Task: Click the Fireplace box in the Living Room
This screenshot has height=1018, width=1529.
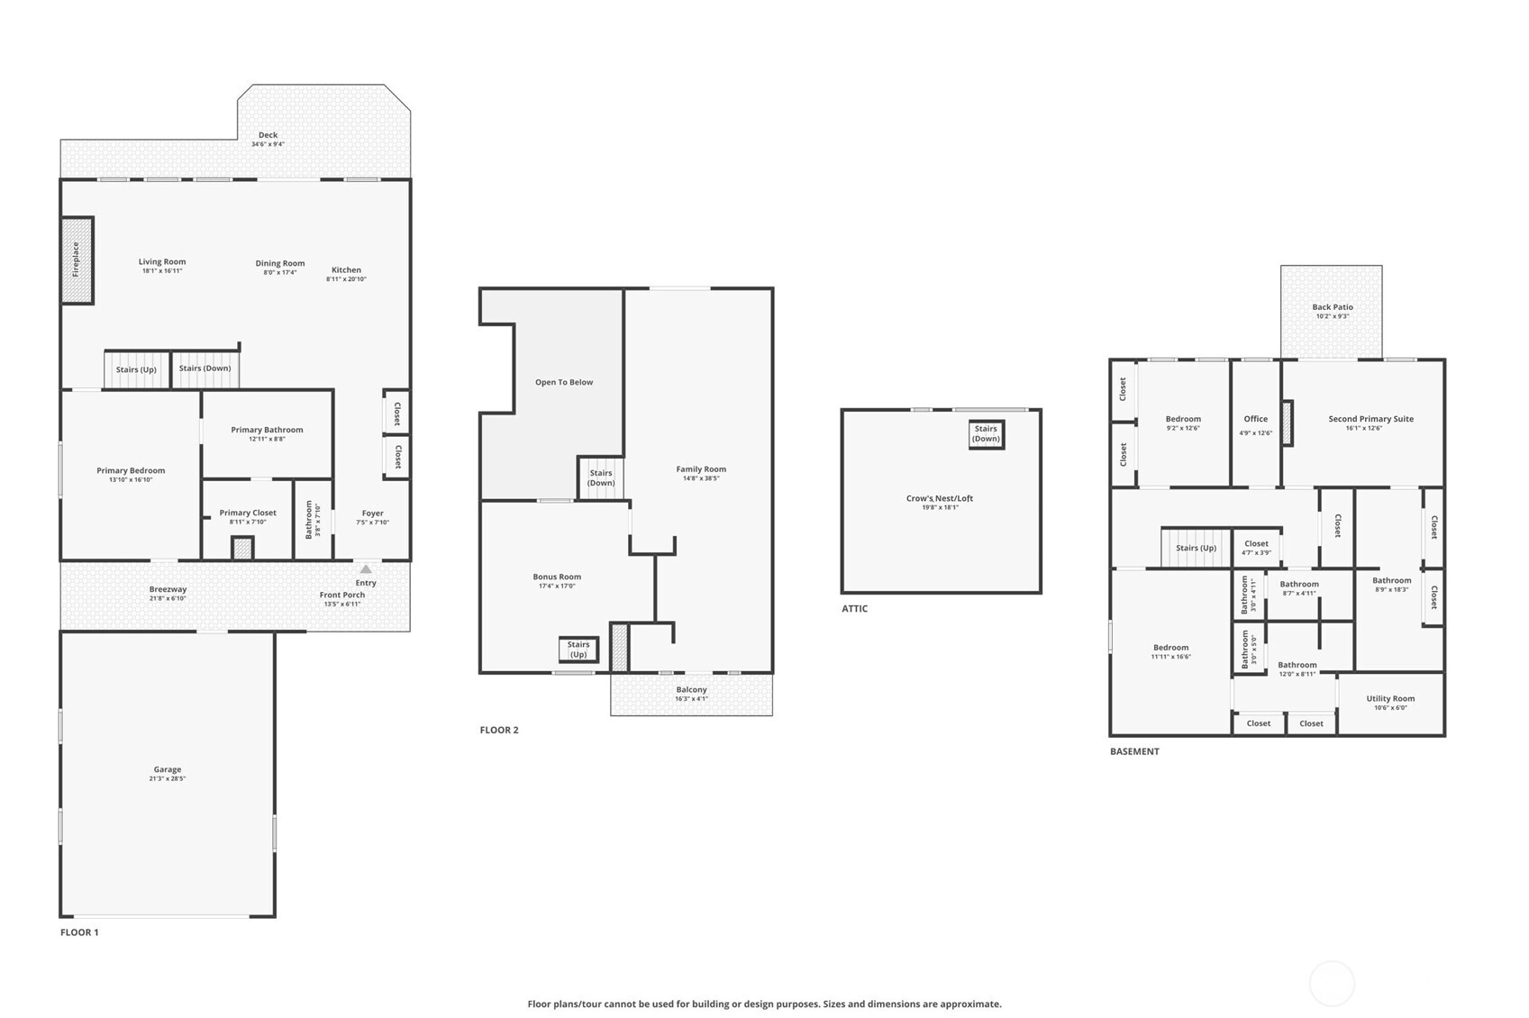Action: (x=77, y=260)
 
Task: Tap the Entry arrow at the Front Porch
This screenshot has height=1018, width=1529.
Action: (x=366, y=569)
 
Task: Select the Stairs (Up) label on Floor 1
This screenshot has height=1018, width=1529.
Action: (x=137, y=369)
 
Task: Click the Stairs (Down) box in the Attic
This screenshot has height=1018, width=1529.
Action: (x=987, y=434)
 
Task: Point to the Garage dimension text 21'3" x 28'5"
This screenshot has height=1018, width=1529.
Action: (x=168, y=778)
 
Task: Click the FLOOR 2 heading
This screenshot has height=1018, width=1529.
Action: (x=499, y=730)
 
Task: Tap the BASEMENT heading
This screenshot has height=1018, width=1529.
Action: (x=1134, y=751)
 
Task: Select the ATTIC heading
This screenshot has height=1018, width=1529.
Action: (x=855, y=609)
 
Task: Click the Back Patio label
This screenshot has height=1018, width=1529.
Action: (x=1333, y=307)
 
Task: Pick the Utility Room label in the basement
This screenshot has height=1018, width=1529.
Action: (x=1390, y=699)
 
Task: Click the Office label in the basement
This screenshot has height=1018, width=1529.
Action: (x=1256, y=419)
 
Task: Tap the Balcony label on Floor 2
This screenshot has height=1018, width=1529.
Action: (x=691, y=690)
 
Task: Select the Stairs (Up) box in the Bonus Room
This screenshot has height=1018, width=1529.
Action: (x=578, y=650)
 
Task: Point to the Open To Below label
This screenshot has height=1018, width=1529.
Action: (x=564, y=382)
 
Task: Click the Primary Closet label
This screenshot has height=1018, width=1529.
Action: (x=248, y=514)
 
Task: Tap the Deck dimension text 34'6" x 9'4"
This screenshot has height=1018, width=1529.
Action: (x=268, y=145)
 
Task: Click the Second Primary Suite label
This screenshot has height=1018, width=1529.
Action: (x=1370, y=419)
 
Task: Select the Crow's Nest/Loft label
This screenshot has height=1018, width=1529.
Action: (x=940, y=499)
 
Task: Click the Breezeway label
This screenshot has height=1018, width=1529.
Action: (x=168, y=589)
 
